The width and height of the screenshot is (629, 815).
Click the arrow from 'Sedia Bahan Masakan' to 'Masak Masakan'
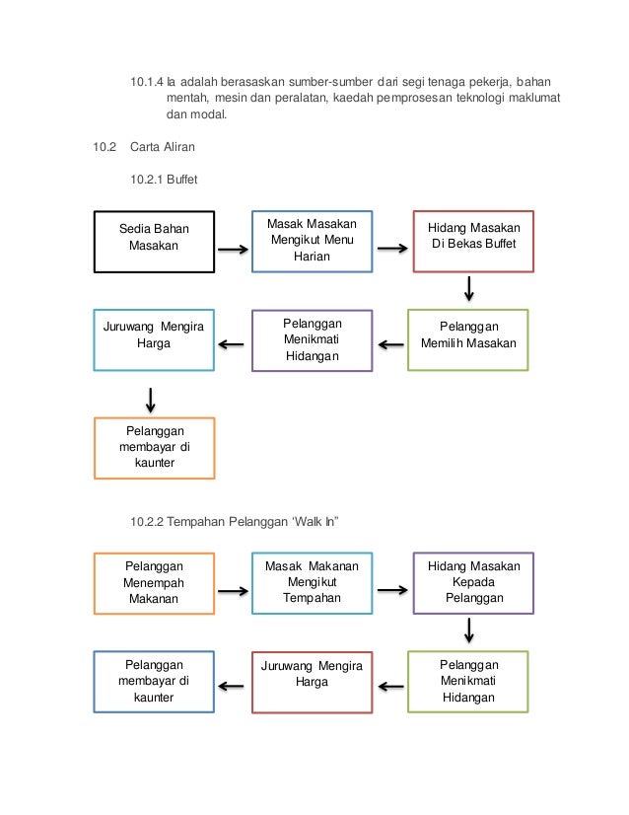234,250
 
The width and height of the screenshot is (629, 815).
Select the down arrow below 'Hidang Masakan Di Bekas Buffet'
469,289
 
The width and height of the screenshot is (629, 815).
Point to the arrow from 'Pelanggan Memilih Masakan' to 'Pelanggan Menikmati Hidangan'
390,344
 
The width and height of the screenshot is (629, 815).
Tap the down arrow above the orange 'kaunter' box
151,401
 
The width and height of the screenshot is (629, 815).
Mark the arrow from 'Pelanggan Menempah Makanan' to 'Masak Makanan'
234,591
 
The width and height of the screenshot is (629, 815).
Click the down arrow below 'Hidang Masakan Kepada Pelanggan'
469,630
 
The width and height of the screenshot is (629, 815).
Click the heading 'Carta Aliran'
163,147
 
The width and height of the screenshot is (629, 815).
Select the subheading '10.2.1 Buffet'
164,180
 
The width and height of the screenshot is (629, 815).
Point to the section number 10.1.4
147,82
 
